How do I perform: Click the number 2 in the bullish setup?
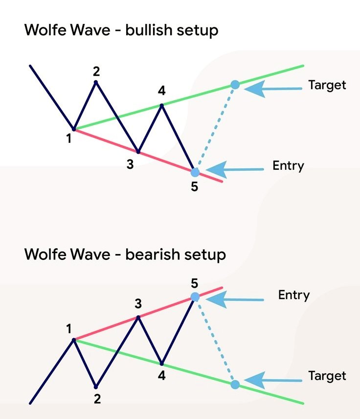pyautogui.click(x=96, y=71)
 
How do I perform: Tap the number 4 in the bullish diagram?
pyautogui.click(x=162, y=91)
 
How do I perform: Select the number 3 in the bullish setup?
pyautogui.click(x=130, y=164)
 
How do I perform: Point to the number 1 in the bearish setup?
pyautogui.click(x=69, y=327)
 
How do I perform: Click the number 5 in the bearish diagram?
pyautogui.click(x=195, y=283)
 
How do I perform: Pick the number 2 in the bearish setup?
pyautogui.click(x=97, y=398)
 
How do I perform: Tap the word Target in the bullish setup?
pyautogui.click(x=327, y=85)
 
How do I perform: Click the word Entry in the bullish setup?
pyautogui.click(x=288, y=165)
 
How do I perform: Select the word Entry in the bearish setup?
pyautogui.click(x=294, y=295)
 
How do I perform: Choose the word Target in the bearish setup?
pyautogui.click(x=327, y=376)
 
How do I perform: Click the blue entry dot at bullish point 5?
pyautogui.click(x=195, y=172)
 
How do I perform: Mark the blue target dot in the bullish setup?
pyautogui.click(x=235, y=85)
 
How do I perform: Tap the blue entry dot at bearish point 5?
pyautogui.click(x=195, y=297)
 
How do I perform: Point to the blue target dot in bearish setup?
pyautogui.click(x=235, y=384)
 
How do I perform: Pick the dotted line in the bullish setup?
pyautogui.click(x=215, y=128)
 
